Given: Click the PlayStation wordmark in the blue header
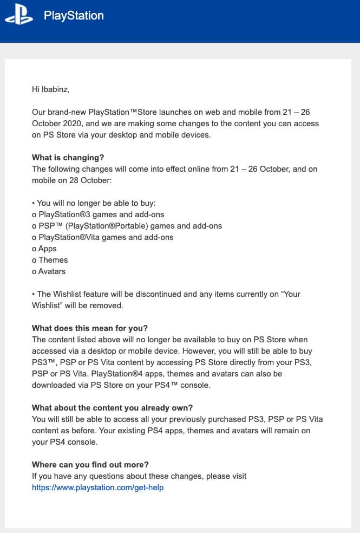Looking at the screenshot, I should click(x=74, y=16).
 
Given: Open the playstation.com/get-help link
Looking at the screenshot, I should click(x=97, y=487).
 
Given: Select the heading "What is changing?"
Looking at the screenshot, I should click(x=68, y=158).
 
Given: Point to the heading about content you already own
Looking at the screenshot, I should click(x=113, y=408).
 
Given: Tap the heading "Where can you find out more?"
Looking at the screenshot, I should click(x=90, y=465).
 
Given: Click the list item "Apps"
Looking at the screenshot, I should click(x=47, y=249).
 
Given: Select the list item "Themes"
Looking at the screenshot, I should click(x=53, y=260).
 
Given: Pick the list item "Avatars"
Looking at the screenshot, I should click(x=52, y=271).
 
